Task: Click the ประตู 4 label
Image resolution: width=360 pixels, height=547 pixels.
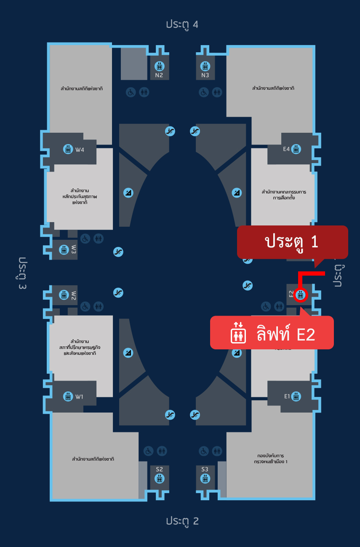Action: click(x=182, y=24)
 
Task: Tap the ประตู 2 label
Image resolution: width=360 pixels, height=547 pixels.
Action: click(x=182, y=521)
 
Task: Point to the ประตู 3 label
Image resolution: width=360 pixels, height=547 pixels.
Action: click(x=23, y=273)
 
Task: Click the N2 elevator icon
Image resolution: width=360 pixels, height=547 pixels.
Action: click(x=159, y=66)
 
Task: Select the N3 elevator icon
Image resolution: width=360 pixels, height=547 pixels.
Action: click(x=205, y=66)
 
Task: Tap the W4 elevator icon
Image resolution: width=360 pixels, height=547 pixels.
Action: click(x=68, y=149)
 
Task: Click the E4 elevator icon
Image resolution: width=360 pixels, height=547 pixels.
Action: click(x=296, y=149)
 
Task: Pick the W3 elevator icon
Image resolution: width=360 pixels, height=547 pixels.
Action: click(x=64, y=249)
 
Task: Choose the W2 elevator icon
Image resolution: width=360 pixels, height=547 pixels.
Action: click(x=64, y=295)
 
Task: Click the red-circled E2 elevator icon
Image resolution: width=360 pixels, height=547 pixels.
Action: click(x=301, y=295)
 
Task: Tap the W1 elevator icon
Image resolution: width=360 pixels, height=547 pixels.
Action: click(x=68, y=396)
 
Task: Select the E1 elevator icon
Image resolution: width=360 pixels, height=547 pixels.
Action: click(x=296, y=396)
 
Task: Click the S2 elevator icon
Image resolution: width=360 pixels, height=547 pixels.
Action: click(x=159, y=478)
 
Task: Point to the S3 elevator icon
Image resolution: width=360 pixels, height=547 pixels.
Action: click(x=205, y=478)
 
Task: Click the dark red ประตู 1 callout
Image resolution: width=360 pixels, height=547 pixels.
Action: click(x=292, y=242)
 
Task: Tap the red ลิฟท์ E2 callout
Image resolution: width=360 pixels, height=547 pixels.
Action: click(x=272, y=332)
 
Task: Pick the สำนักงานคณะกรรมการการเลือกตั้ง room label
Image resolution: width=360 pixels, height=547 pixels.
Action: click(x=283, y=194)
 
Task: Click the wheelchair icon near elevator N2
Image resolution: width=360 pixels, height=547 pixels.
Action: click(x=131, y=92)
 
